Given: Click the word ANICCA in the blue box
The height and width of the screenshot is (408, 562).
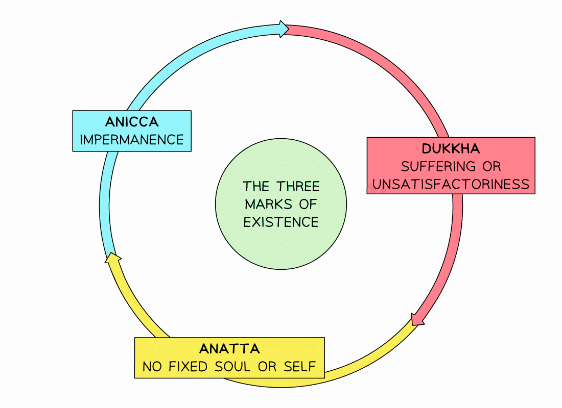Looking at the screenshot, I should coord(132,122).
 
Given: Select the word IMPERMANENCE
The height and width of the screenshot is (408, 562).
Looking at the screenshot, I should coord(132,139).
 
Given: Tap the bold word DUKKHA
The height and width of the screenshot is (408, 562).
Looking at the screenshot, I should coord(451,149).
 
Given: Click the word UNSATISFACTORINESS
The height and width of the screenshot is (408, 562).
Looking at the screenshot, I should coord(451,184).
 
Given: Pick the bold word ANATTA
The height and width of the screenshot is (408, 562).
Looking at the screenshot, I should coord(229,349).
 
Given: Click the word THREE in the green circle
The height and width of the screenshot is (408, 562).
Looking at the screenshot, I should coord(298,186).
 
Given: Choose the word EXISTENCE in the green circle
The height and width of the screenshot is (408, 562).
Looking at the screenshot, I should coord(281,222).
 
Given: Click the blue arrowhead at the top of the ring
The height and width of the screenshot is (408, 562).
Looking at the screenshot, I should coord(283,29).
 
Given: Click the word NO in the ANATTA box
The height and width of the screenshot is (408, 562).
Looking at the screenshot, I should coord(152,366).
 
